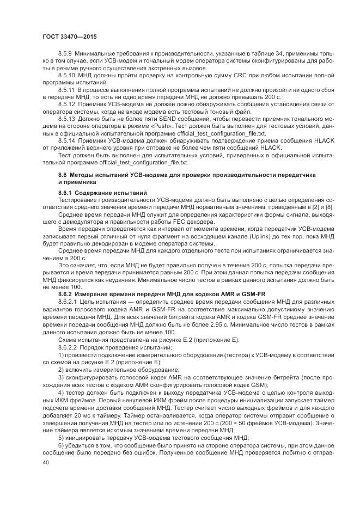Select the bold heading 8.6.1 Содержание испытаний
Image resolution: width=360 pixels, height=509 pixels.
pos(102,193)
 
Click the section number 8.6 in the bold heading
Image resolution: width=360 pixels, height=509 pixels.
pos(62,174)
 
